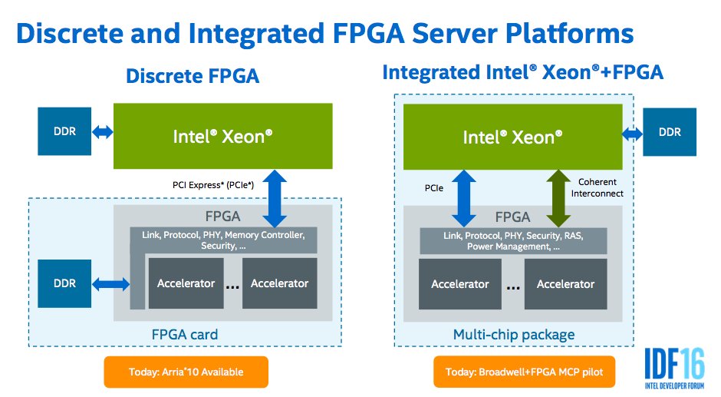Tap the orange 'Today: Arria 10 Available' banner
click(x=186, y=372)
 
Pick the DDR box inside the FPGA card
click(x=65, y=283)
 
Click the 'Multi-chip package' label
click(x=512, y=334)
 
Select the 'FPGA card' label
click(x=184, y=334)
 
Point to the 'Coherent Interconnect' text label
click(x=597, y=188)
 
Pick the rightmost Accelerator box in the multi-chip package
click(x=565, y=284)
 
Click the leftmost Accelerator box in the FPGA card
click(x=186, y=283)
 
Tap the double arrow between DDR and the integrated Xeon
click(x=633, y=134)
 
